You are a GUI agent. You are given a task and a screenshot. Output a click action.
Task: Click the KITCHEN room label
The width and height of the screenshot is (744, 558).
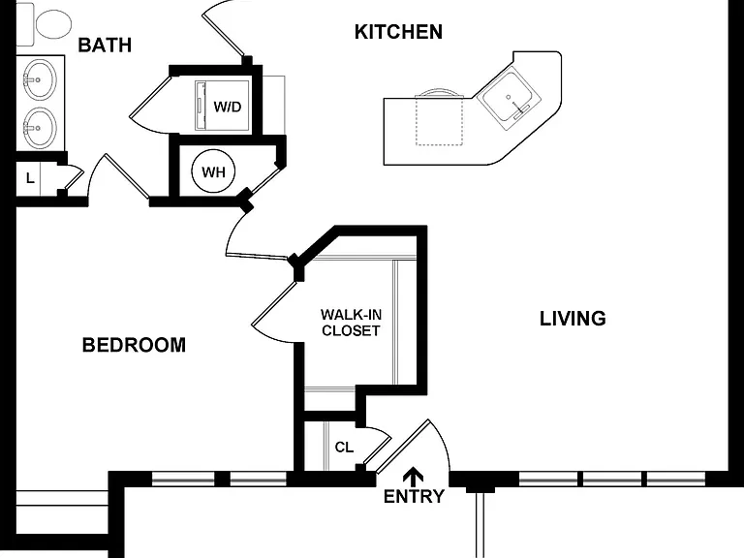[398, 32]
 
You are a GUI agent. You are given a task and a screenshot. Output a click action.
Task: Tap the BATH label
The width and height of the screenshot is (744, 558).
[105, 46]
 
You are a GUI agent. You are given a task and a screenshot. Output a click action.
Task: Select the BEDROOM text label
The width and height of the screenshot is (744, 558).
[134, 345]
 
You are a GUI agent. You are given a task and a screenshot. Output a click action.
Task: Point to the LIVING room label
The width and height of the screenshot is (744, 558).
[573, 319]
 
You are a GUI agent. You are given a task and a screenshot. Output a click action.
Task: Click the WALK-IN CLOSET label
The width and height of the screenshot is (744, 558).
[351, 323]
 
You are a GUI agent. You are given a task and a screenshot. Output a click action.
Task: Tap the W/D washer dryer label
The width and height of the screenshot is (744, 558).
[228, 107]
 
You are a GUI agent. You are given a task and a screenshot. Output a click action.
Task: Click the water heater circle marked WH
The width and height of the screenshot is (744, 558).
[213, 171]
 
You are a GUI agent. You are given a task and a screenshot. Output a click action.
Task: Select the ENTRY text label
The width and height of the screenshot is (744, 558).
[414, 496]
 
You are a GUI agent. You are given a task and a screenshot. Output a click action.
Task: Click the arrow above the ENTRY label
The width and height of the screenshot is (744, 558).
[413, 476]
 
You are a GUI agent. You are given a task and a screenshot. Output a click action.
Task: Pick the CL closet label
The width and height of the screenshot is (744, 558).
[344, 447]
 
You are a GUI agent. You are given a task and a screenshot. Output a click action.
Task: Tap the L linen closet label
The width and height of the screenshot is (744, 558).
[30, 178]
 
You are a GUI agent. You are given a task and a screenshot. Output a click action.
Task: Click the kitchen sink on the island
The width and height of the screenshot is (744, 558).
[510, 100]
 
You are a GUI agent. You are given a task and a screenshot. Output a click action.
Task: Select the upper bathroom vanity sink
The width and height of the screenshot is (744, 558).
[40, 79]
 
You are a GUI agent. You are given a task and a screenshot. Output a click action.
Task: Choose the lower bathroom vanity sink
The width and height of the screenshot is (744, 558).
[40, 128]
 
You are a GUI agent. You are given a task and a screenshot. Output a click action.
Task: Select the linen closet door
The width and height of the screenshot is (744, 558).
[75, 179]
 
